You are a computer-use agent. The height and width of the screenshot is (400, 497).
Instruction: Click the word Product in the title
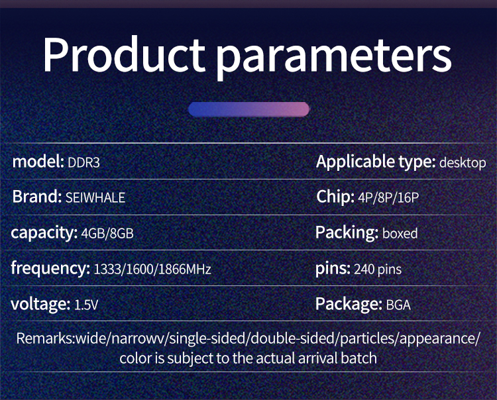(124, 54)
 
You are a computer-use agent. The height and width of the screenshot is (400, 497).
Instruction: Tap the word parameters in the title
(334, 58)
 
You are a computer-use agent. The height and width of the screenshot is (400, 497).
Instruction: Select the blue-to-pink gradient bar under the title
(248, 109)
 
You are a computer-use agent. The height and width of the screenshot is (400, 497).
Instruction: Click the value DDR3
(83, 163)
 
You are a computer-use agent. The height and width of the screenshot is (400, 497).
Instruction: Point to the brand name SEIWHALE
(95, 198)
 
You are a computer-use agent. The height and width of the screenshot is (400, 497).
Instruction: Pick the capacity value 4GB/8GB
(107, 234)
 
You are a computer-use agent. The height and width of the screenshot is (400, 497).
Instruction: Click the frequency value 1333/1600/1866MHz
(152, 270)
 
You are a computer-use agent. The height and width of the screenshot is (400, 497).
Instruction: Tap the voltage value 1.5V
(86, 305)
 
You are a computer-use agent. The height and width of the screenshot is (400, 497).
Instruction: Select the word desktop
(463, 163)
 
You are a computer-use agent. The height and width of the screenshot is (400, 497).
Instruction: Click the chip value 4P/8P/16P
(388, 198)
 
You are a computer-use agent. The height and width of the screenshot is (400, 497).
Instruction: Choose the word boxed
(400, 233)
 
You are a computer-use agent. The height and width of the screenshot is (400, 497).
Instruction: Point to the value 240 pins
(378, 270)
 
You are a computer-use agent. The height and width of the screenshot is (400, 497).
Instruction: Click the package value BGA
(398, 305)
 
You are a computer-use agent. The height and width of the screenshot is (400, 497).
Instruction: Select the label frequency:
(50, 269)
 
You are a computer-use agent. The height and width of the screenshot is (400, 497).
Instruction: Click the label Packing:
(347, 232)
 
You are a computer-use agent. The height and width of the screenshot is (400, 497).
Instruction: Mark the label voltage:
(40, 304)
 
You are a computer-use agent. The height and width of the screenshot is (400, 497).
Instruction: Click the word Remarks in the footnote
(44, 338)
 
